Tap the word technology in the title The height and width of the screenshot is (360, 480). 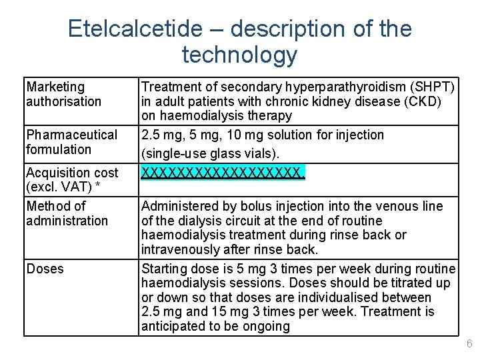[239, 55]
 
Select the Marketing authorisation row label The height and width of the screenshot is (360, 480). [63, 94]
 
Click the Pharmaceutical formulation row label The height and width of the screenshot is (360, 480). [71, 142]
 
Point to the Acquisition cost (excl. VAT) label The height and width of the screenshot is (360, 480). [72, 180]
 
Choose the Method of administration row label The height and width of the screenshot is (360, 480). [67, 213]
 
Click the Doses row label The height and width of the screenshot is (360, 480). [45, 269]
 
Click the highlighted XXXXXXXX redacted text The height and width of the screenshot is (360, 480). [223, 173]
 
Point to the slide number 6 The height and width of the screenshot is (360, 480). [469, 344]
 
